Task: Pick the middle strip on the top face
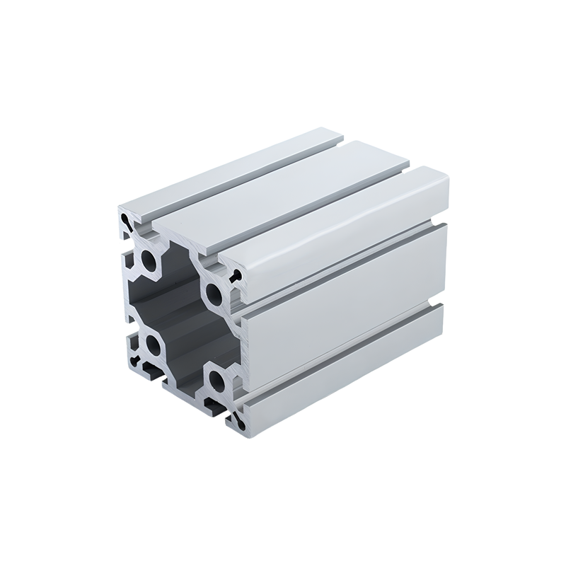[x=283, y=191]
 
